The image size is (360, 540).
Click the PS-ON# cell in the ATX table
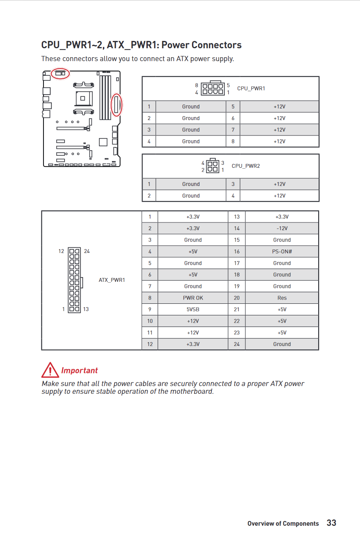[x=282, y=251]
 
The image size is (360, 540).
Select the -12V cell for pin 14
[x=282, y=228]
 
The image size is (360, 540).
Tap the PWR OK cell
[x=192, y=298]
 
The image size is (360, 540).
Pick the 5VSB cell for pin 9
[x=192, y=309]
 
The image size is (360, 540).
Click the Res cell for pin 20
[x=282, y=298]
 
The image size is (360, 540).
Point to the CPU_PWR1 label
[x=251, y=88]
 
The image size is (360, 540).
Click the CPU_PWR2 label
[x=245, y=166]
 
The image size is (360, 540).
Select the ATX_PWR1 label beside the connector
[x=112, y=280]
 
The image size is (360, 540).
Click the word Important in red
[x=79, y=370]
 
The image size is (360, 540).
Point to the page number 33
[x=331, y=523]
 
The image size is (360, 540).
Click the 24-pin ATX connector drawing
[x=74, y=280]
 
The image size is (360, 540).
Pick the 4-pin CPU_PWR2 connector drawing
[x=212, y=166]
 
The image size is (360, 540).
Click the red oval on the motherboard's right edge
[x=116, y=105]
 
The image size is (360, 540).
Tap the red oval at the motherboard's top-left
[x=60, y=74]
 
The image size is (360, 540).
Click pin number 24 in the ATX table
[x=236, y=344]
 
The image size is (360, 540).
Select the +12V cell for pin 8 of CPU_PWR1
[x=279, y=141]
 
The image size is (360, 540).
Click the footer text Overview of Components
[x=283, y=524]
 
